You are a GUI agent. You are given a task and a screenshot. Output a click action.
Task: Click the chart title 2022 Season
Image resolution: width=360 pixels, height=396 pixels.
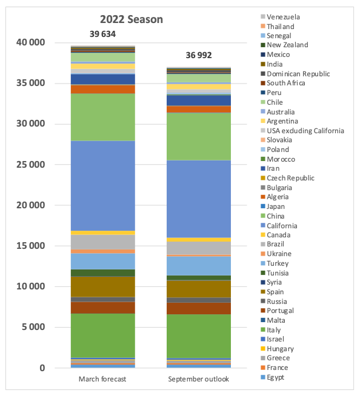click(x=132, y=19)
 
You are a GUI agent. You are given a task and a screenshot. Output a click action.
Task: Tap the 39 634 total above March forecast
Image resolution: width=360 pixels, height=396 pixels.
click(x=102, y=34)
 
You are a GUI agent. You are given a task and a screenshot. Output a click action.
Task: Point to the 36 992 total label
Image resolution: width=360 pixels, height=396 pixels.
click(x=199, y=55)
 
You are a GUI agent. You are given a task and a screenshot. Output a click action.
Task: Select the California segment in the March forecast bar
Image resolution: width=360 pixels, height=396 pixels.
click(x=103, y=186)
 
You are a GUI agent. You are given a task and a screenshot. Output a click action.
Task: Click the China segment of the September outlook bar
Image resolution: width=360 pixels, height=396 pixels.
click(x=199, y=137)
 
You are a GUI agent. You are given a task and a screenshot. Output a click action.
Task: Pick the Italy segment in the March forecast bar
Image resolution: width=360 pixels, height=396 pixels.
click(x=103, y=335)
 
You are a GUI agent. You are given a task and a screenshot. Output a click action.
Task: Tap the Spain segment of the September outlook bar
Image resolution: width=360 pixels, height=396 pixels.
click(x=199, y=289)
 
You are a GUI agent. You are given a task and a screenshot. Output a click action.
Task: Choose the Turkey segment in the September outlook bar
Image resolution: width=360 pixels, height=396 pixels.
click(x=199, y=266)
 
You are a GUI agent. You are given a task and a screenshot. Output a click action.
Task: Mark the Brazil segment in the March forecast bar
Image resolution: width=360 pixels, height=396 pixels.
click(x=103, y=242)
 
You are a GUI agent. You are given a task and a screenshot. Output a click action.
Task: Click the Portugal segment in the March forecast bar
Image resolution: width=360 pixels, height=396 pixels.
click(x=103, y=308)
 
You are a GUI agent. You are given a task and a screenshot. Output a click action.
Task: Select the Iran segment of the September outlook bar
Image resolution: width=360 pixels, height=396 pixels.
click(x=199, y=101)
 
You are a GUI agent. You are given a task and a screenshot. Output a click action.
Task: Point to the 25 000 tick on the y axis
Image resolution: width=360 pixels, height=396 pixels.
click(x=30, y=165)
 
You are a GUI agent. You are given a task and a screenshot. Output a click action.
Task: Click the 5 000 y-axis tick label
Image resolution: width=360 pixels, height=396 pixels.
click(x=33, y=327)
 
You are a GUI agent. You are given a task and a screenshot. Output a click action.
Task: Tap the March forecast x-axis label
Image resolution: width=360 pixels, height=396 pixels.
click(x=102, y=379)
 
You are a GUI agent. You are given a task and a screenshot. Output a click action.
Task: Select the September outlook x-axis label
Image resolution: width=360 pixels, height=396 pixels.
click(x=198, y=379)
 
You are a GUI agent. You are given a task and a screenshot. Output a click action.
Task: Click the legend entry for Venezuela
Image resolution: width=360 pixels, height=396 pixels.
click(x=280, y=17)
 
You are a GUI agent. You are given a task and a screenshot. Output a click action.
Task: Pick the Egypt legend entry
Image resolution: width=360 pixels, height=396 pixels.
click(x=272, y=377)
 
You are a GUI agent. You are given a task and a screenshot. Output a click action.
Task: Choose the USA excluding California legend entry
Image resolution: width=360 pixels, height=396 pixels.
click(x=302, y=131)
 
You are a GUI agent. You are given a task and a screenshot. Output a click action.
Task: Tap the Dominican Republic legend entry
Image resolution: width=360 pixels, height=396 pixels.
click(x=295, y=74)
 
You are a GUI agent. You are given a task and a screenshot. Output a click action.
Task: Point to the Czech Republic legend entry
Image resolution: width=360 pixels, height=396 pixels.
click(x=287, y=178)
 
